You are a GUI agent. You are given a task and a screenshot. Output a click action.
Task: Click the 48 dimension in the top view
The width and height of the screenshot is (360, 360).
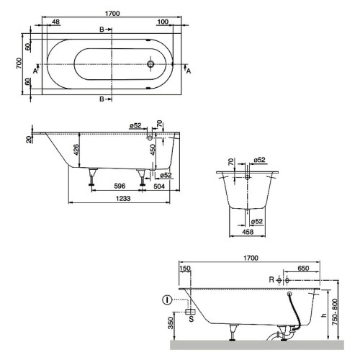(x=56, y=22)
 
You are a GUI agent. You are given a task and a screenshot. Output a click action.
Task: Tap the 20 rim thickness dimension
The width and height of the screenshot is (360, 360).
(x=30, y=139)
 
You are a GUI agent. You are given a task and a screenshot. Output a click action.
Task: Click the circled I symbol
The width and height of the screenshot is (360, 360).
(x=168, y=299)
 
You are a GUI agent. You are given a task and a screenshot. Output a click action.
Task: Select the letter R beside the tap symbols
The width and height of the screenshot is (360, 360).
(x=271, y=279)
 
